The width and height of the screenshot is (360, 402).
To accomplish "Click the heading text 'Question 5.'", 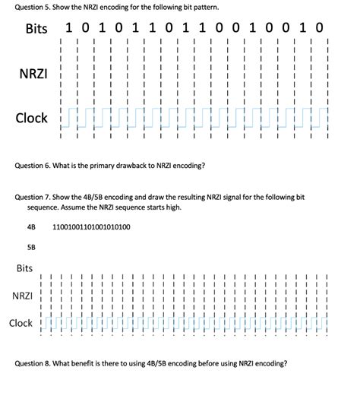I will tap(32, 7).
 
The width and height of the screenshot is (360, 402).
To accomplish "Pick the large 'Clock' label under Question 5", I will tap(33, 118).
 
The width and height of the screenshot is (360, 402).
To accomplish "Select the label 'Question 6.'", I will tap(32, 165).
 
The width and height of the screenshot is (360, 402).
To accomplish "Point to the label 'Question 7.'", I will tap(32, 197).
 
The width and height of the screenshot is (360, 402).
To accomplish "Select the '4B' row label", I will tap(31, 226).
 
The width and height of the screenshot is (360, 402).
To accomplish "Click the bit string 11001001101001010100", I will tap(91, 226).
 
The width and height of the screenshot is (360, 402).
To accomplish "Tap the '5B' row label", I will tap(31, 246).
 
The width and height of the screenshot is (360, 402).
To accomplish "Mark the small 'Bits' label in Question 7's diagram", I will tap(24, 268).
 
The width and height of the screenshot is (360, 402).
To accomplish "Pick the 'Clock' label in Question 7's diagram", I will tap(21, 323).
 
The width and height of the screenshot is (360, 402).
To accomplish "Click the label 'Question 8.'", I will tap(32, 363).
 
